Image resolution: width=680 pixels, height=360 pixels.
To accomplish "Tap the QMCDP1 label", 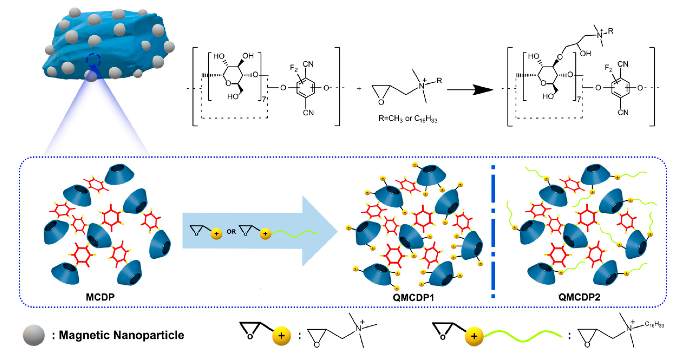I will [x=413, y=297].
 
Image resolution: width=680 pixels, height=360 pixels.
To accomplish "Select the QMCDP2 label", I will [x=579, y=297].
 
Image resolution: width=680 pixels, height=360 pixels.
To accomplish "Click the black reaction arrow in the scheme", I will [x=470, y=90].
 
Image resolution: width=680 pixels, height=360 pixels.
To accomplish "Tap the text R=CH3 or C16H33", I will [x=408, y=119].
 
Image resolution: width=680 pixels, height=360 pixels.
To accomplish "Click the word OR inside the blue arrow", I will [x=231, y=232].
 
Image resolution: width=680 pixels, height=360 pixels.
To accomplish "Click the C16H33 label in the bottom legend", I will [x=654, y=324].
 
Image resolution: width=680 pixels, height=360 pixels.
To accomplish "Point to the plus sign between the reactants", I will [x=359, y=89].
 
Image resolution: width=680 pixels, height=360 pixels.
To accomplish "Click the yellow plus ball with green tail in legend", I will [x=474, y=336].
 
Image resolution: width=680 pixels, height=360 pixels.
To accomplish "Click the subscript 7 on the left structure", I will [x=264, y=100].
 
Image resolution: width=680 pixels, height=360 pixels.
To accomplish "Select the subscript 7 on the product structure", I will [x=578, y=100].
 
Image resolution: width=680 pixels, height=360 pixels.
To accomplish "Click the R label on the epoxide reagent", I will [x=439, y=81].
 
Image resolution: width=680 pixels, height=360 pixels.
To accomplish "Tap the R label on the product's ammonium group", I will [x=610, y=31].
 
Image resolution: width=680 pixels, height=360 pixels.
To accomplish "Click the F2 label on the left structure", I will [x=294, y=68].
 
